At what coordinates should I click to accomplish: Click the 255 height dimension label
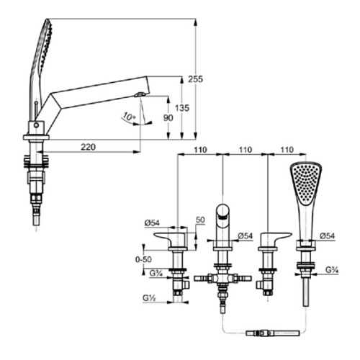point(195,79)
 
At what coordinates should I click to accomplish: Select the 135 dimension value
point(182,108)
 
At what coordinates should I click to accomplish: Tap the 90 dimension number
point(168,118)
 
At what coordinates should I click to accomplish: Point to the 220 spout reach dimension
point(88,147)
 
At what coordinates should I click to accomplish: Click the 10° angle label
point(129,116)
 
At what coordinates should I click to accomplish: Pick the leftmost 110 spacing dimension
point(200,150)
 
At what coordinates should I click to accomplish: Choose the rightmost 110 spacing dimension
point(287,150)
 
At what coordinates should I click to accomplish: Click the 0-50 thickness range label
point(143,259)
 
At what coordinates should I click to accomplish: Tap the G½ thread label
point(149,298)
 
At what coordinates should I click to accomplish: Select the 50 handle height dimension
point(200,220)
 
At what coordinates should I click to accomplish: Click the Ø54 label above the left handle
point(152,223)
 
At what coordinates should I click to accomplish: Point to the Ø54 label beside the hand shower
point(327,235)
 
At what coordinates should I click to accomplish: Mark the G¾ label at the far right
point(332,270)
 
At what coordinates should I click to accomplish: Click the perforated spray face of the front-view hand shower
point(305,182)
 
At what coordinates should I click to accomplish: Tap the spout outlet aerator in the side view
point(139,95)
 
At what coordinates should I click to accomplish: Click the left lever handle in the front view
point(171,240)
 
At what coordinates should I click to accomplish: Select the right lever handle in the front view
point(275,240)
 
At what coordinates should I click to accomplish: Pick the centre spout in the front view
point(222,225)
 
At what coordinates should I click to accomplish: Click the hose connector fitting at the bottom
point(273,333)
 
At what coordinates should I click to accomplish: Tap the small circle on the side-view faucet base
point(36,125)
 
